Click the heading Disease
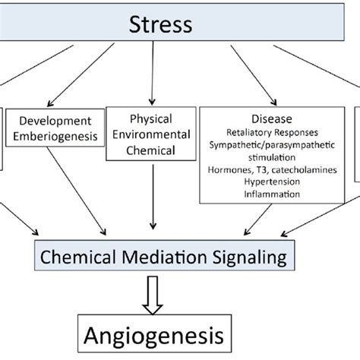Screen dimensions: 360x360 point(270,118)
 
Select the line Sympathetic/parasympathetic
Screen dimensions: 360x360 point(270,144)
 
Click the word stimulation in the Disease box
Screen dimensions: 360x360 point(270,156)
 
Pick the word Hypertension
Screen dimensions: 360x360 point(270,182)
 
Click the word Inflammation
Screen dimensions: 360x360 point(270,194)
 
